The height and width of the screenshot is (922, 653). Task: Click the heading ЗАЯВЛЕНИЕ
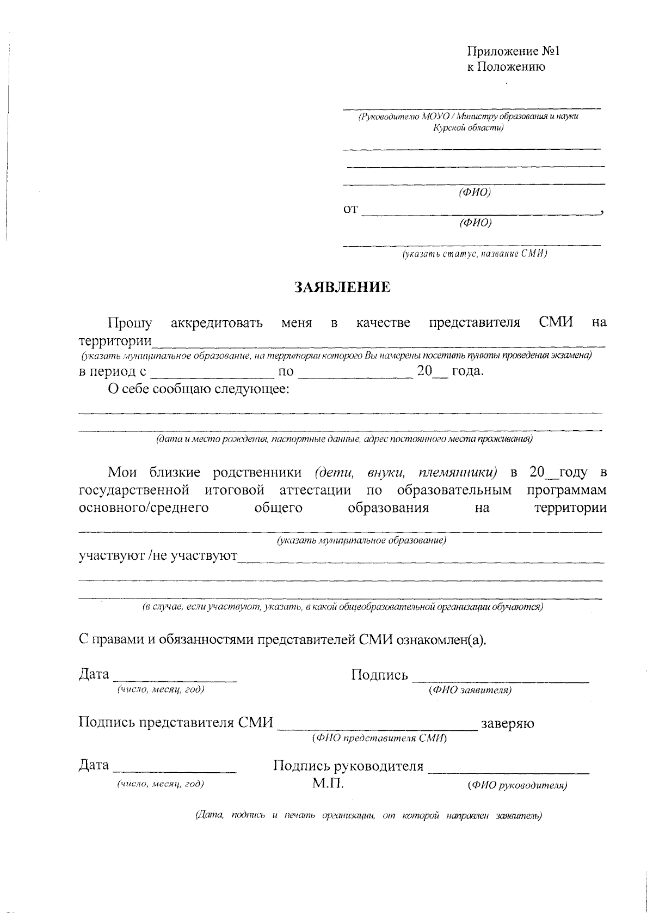(x=342, y=288)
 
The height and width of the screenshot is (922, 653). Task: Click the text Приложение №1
(x=514, y=52)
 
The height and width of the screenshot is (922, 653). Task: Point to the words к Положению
(x=506, y=67)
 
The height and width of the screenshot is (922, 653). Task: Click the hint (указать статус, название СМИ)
(x=475, y=254)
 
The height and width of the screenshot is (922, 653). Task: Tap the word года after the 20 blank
(x=467, y=371)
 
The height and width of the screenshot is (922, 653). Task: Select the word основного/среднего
(x=144, y=508)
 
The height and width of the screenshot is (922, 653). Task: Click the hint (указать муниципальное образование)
(x=361, y=540)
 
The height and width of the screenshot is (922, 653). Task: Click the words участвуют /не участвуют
(x=158, y=556)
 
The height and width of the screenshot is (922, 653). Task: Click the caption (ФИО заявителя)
(x=470, y=690)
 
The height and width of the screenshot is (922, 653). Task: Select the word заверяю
(x=507, y=724)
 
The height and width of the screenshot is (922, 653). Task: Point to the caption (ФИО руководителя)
(x=517, y=785)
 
